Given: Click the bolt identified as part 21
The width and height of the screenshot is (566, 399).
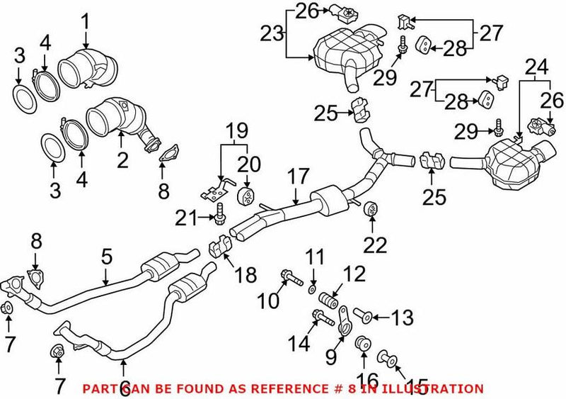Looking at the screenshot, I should coord(219,210).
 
